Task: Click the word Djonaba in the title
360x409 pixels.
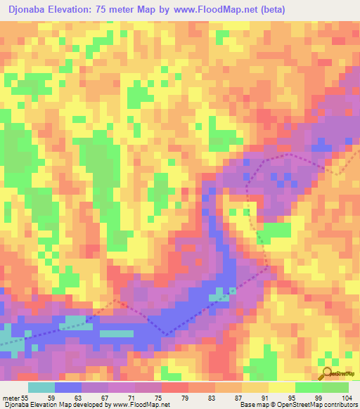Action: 31,10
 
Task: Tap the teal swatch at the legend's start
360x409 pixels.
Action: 41,387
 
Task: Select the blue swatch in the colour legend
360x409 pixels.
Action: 68,387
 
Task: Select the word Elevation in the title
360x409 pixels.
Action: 77,10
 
